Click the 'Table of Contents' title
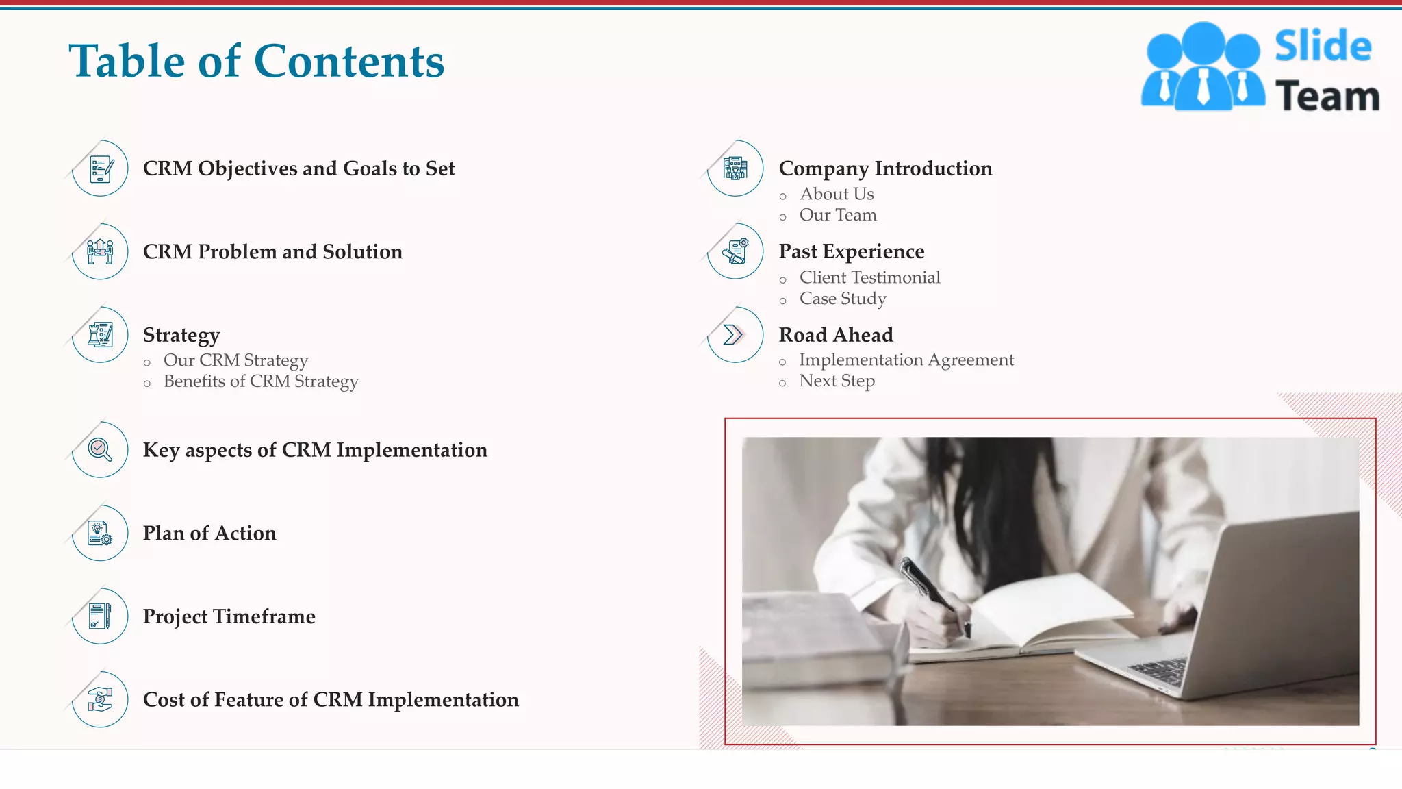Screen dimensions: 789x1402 256,61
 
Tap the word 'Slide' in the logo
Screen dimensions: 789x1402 1323,47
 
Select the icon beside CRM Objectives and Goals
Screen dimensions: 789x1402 101,168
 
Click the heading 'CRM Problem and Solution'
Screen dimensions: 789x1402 272,252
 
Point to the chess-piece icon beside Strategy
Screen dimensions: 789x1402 101,335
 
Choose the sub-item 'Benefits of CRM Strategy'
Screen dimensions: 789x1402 261,381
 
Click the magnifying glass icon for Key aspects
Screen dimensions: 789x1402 101,450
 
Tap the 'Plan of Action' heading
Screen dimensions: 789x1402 209,534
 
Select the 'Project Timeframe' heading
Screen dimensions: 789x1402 229,616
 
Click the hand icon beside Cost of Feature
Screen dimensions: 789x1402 101,699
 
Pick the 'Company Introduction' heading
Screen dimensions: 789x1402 885,168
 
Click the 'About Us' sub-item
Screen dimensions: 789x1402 837,195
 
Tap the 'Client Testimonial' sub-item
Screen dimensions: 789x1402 869,277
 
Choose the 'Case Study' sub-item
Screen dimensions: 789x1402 843,299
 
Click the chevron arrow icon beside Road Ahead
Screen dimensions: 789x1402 734,335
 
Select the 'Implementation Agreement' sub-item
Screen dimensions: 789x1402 906,360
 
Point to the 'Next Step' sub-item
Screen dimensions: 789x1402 837,381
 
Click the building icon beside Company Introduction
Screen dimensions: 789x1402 736,168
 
